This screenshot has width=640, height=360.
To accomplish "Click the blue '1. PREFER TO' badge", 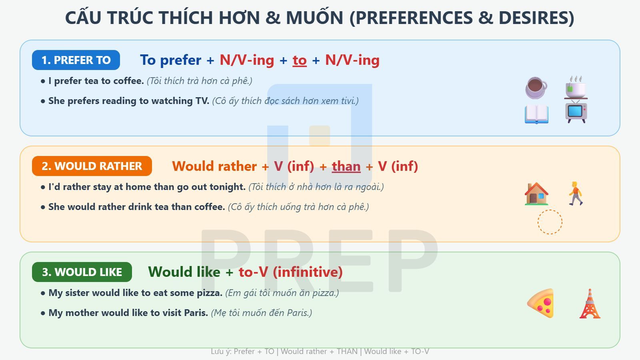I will coord(76,60).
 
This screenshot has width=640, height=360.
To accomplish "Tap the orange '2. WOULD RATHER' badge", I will coord(92,166).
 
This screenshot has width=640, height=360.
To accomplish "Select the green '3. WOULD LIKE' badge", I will coord(82,272).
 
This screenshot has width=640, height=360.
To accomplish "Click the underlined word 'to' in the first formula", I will coord(300,60).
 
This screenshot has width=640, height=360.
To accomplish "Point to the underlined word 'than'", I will coord(346,166).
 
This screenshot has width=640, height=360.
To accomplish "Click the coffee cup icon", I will coord(536,87).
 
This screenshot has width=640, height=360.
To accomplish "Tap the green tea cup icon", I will coord(576,87).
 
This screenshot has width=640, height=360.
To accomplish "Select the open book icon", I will coord(536,114).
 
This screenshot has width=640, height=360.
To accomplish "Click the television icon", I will coord(576,112).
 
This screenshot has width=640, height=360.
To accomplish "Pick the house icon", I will coord(536,194).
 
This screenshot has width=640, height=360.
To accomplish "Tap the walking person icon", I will coord(576,194).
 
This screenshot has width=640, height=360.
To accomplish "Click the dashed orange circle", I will coord(550,222).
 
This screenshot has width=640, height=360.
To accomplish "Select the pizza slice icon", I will coord(541,303).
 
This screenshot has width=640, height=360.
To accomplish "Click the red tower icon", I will coord(590,304).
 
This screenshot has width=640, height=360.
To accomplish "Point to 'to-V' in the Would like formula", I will coord(253,272).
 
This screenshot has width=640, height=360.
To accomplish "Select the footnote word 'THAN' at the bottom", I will coord(347,352).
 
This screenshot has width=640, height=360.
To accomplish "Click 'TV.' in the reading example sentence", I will coord(202,101).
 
